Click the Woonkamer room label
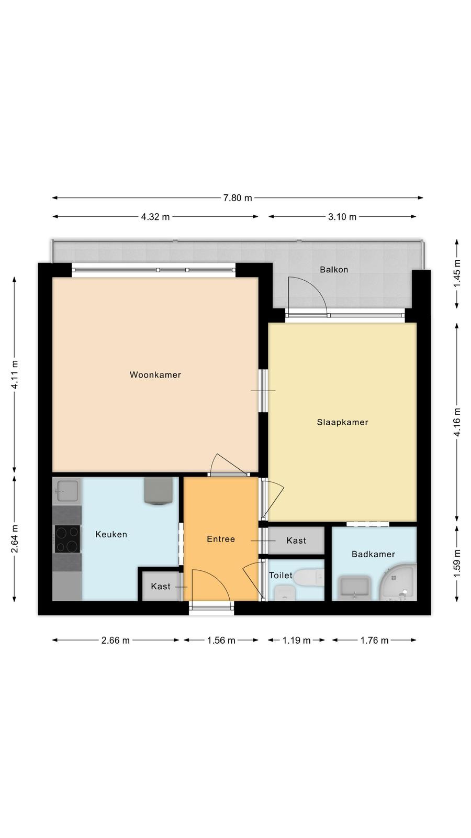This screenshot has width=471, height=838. tap(155, 375)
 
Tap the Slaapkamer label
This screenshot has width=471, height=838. tap(342, 422)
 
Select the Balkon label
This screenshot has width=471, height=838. tap(334, 269)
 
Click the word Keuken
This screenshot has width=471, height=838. tap(111, 534)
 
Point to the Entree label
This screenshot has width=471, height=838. tap(221, 539)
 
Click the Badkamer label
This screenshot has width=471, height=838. tap(373, 554)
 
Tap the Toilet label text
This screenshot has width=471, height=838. tap(281, 575)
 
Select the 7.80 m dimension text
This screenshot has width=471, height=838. tap(238, 198)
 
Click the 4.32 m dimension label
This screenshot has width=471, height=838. tap(155, 217)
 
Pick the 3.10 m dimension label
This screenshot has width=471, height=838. tap(342, 217)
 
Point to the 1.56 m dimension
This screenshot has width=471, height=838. tap(221, 640)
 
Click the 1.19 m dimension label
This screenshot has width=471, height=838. tap(296, 640)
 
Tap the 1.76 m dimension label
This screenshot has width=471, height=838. tap(374, 640)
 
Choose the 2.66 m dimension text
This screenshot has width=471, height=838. tap(116, 640)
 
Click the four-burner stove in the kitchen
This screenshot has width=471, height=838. tap(68, 539)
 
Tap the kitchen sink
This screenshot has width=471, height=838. tap(68, 491)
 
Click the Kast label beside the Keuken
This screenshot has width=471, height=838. tap(160, 586)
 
